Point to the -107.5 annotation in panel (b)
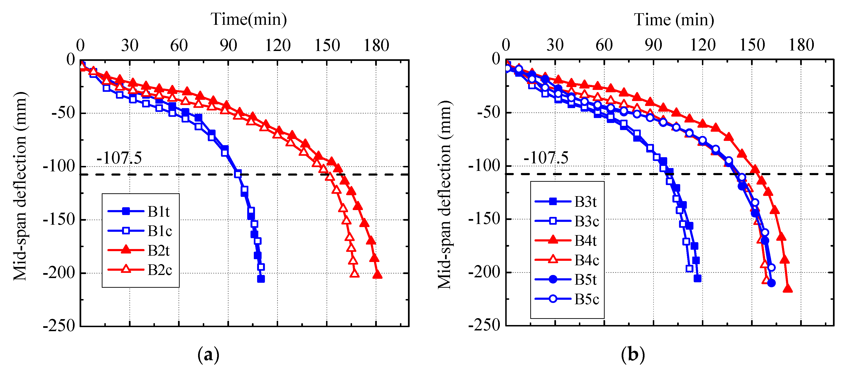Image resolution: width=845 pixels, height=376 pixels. (546, 158)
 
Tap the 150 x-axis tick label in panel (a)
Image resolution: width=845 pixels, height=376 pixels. (327, 45)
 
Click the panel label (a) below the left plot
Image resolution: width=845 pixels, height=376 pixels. (208, 355)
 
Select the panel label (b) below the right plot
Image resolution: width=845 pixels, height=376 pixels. (633, 355)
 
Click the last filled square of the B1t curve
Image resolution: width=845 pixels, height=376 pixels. (261, 279)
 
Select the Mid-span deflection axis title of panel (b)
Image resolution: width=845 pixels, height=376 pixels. (445, 195)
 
